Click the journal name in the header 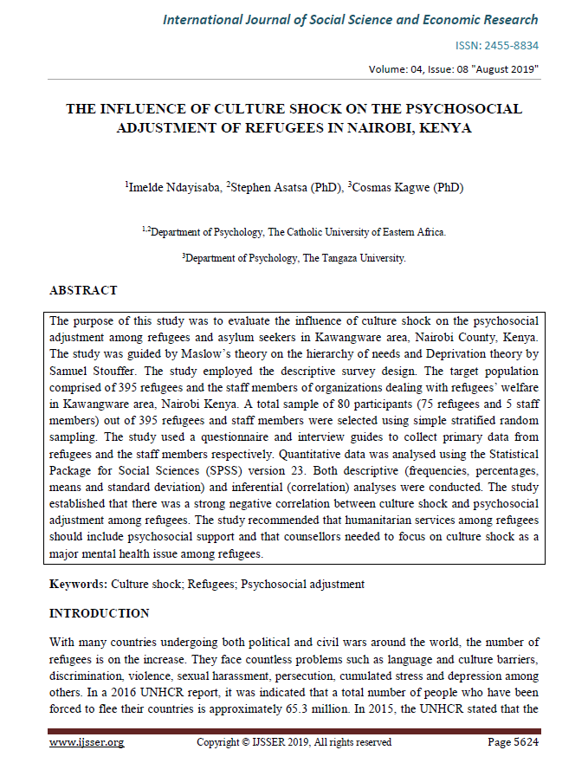coord(350,20)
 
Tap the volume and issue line coord(453,69)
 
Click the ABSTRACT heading coord(83,290)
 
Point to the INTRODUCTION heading coord(99,614)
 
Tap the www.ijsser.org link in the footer coord(87,742)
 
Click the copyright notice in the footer coord(294,742)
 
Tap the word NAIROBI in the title coord(393,127)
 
